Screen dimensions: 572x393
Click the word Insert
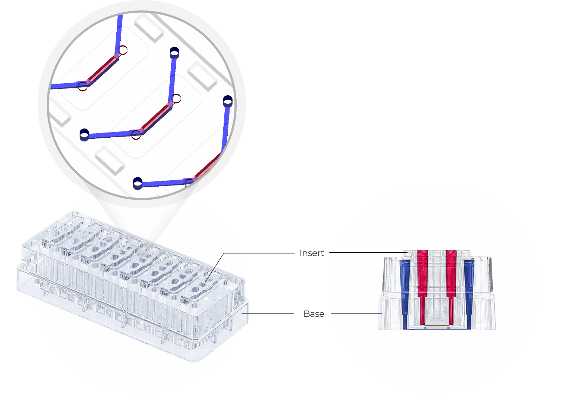pos(311,253)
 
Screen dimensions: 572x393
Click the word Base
pos(314,314)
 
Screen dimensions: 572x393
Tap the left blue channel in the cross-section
pos(405,293)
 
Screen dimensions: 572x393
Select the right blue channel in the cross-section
pos(469,293)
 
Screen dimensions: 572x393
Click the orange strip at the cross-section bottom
pos(437,326)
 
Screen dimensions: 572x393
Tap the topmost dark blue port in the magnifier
pos(175,52)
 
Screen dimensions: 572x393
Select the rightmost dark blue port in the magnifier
pos(228,101)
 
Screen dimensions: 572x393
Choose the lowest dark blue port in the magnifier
pos(138,183)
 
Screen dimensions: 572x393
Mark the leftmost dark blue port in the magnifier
pos(84,135)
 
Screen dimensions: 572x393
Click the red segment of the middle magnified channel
pos(156,117)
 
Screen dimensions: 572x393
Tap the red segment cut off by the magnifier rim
pos(207,166)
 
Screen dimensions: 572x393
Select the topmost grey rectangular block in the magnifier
pos(149,28)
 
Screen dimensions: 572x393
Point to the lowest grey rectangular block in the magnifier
pos(110,160)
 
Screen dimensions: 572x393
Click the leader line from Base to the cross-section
pos(356,313)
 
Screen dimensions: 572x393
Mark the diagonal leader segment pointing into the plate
pos(215,267)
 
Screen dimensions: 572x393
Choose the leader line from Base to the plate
pos(268,313)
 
